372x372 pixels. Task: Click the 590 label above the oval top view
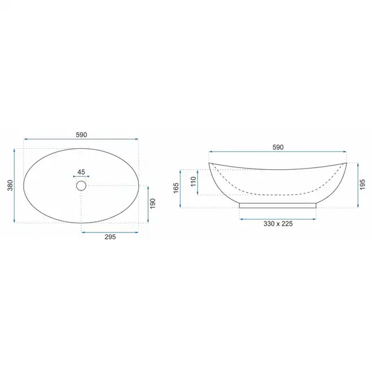(x=81, y=135)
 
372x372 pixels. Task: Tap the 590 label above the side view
(x=278, y=148)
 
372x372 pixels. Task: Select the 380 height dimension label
(x=10, y=185)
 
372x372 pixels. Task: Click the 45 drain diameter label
(x=81, y=172)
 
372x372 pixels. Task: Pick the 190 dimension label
(x=153, y=203)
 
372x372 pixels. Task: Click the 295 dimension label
(x=110, y=237)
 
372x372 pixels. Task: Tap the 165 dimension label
(x=176, y=188)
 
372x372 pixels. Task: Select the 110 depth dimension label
(x=193, y=182)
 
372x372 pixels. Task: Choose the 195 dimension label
(x=362, y=185)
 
